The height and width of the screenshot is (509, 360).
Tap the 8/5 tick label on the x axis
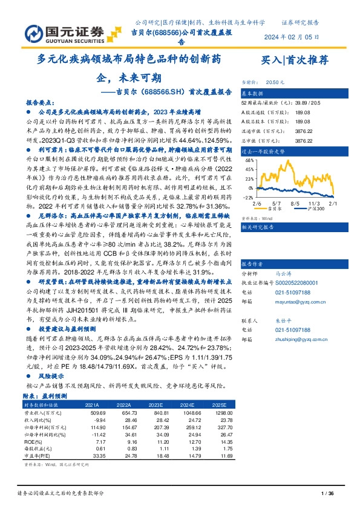(x=295, y=205)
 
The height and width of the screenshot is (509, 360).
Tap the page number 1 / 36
(x=327, y=494)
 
